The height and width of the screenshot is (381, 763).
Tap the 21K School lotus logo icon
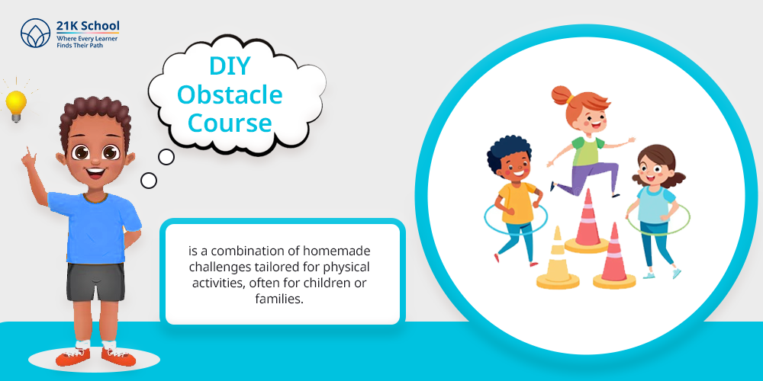[36, 33]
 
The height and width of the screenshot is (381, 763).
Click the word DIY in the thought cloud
[230, 66]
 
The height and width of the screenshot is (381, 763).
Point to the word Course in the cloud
[230, 123]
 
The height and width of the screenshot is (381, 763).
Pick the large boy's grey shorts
[96, 282]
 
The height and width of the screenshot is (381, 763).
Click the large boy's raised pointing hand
[28, 158]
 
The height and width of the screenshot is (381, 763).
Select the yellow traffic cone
[558, 261]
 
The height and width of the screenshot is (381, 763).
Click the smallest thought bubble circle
[149, 181]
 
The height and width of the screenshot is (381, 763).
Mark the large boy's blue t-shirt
[93, 227]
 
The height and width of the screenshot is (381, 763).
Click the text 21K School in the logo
[88, 26]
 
